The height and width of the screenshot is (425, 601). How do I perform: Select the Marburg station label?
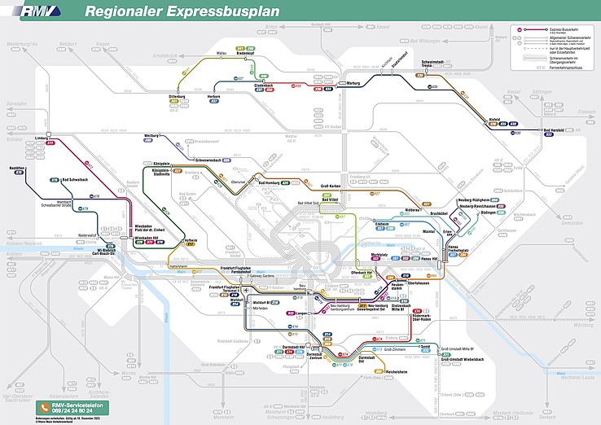(x=353, y=83)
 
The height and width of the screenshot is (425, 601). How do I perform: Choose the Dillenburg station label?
(x=178, y=96)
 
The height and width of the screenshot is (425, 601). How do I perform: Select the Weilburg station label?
(x=151, y=135)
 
